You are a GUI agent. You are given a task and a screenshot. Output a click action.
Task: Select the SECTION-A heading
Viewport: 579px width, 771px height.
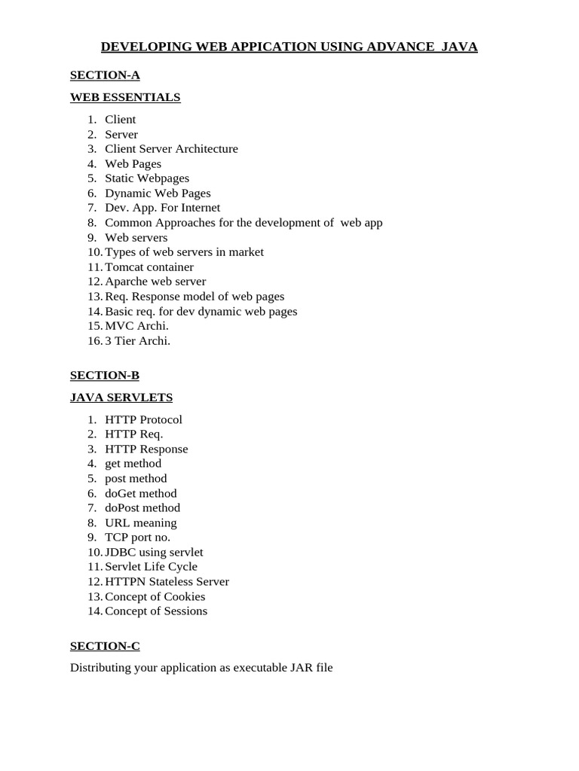(x=105, y=75)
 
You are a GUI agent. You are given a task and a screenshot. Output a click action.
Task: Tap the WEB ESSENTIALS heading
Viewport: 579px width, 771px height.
(x=125, y=97)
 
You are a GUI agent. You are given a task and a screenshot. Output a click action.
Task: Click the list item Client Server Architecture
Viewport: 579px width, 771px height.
(x=171, y=149)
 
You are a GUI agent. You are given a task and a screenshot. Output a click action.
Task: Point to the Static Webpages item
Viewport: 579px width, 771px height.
(x=147, y=178)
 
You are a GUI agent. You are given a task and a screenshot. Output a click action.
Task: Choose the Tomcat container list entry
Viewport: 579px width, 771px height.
(x=149, y=267)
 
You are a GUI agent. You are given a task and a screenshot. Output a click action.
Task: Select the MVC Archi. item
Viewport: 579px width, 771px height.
(x=136, y=326)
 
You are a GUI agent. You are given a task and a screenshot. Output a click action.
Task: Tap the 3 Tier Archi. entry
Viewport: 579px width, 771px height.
(x=138, y=340)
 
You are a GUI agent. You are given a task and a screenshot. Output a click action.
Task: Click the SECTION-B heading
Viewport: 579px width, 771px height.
(x=105, y=375)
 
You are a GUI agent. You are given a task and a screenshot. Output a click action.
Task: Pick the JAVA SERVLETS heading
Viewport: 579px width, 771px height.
(x=121, y=397)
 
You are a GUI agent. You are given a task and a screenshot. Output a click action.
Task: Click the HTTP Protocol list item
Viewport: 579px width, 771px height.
(x=143, y=419)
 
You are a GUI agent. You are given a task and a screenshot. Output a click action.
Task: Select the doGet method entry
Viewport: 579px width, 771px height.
(x=141, y=493)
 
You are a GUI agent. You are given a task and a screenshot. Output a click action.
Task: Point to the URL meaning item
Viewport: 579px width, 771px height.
(x=141, y=523)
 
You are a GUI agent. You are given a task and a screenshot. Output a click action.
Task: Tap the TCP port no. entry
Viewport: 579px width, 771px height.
(x=138, y=538)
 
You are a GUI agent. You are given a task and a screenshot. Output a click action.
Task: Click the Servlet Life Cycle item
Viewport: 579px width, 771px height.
(x=151, y=567)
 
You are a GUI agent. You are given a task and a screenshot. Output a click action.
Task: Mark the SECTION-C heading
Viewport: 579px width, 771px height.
(x=105, y=646)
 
